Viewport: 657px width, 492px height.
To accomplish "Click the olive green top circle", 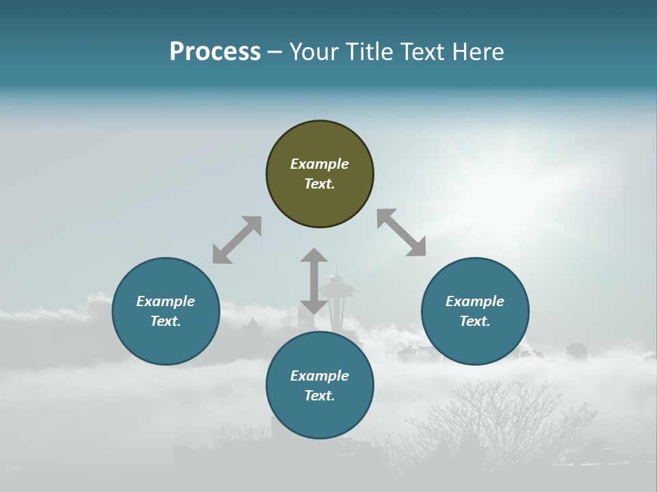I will [320, 174].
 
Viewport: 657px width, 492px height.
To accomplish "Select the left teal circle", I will [166, 311].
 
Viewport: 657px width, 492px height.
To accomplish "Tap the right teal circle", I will [475, 311].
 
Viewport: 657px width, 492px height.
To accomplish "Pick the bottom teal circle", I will [320, 385].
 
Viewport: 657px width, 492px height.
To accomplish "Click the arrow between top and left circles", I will [237, 240].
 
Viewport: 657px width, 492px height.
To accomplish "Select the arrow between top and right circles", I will [402, 232].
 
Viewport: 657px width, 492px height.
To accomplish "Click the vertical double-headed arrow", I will [314, 281].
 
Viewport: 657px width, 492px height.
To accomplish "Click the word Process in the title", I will [215, 51].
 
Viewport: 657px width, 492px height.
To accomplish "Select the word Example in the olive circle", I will [320, 164].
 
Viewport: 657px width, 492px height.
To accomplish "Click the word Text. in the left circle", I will [166, 321].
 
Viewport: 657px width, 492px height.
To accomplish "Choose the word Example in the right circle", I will [475, 301].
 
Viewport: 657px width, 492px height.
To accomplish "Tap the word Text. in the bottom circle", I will [320, 396].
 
